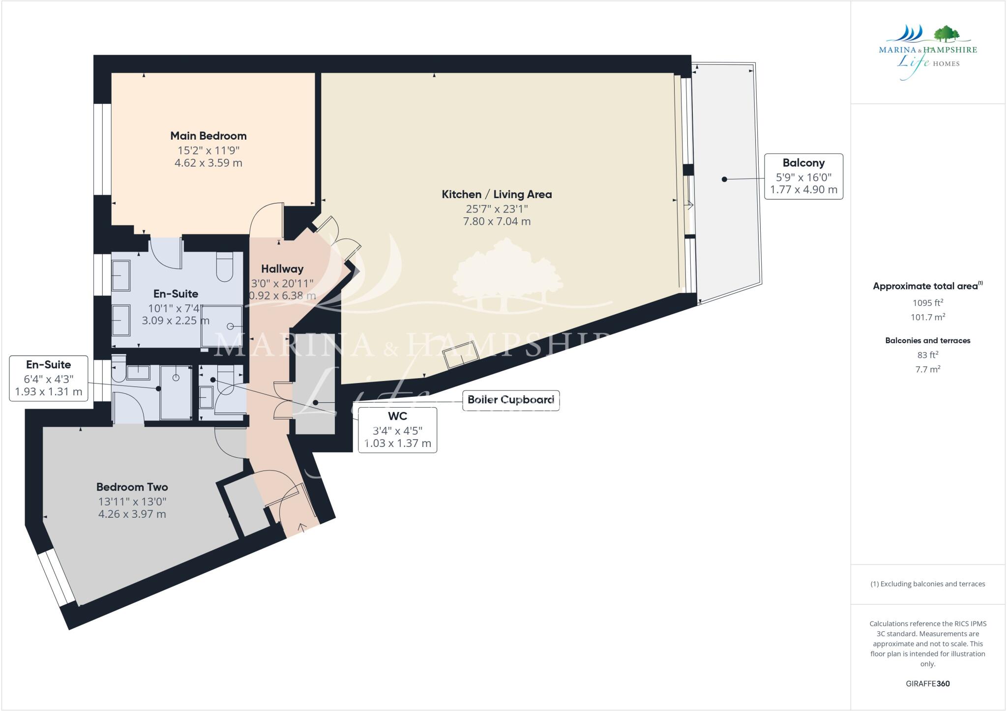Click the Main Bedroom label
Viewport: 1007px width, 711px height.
tap(208, 136)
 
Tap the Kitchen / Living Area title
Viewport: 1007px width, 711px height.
tap(497, 194)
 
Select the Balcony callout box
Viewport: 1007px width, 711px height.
tap(803, 176)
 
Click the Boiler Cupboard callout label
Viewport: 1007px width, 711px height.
tap(510, 400)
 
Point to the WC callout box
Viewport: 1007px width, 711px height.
tap(397, 429)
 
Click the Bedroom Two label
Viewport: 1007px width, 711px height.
tap(132, 487)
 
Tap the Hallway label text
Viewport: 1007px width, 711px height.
tap(282, 268)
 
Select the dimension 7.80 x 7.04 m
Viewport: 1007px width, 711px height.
tap(497, 221)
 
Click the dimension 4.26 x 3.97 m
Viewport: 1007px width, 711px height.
tap(132, 514)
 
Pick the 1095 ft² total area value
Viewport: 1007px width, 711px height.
tap(927, 303)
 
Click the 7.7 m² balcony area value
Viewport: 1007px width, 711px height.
tap(927, 369)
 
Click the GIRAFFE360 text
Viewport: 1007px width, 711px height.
tap(927, 683)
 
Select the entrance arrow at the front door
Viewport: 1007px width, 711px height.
tap(302, 528)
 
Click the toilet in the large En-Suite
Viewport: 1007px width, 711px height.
tap(224, 267)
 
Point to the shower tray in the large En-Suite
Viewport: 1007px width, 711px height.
tap(222, 326)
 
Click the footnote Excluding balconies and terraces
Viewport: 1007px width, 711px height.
tap(927, 584)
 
